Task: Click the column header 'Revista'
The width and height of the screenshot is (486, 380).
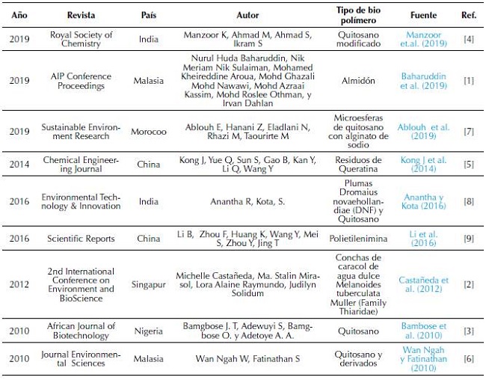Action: pos(81,15)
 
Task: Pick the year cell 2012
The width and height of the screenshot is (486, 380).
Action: pos(21,285)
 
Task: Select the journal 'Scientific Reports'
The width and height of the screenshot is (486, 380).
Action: pos(81,239)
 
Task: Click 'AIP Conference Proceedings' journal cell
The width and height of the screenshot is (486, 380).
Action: pos(81,81)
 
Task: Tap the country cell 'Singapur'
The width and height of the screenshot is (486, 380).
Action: pos(149,285)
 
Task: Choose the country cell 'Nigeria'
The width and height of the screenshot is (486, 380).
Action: pos(149,331)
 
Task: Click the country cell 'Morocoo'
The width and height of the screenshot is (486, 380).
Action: pos(149,132)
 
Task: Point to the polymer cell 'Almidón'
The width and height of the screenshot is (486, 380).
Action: pos(360,81)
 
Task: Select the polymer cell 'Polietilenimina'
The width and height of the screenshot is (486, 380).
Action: pos(360,239)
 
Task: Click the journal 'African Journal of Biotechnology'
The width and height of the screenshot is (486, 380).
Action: pos(81,331)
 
